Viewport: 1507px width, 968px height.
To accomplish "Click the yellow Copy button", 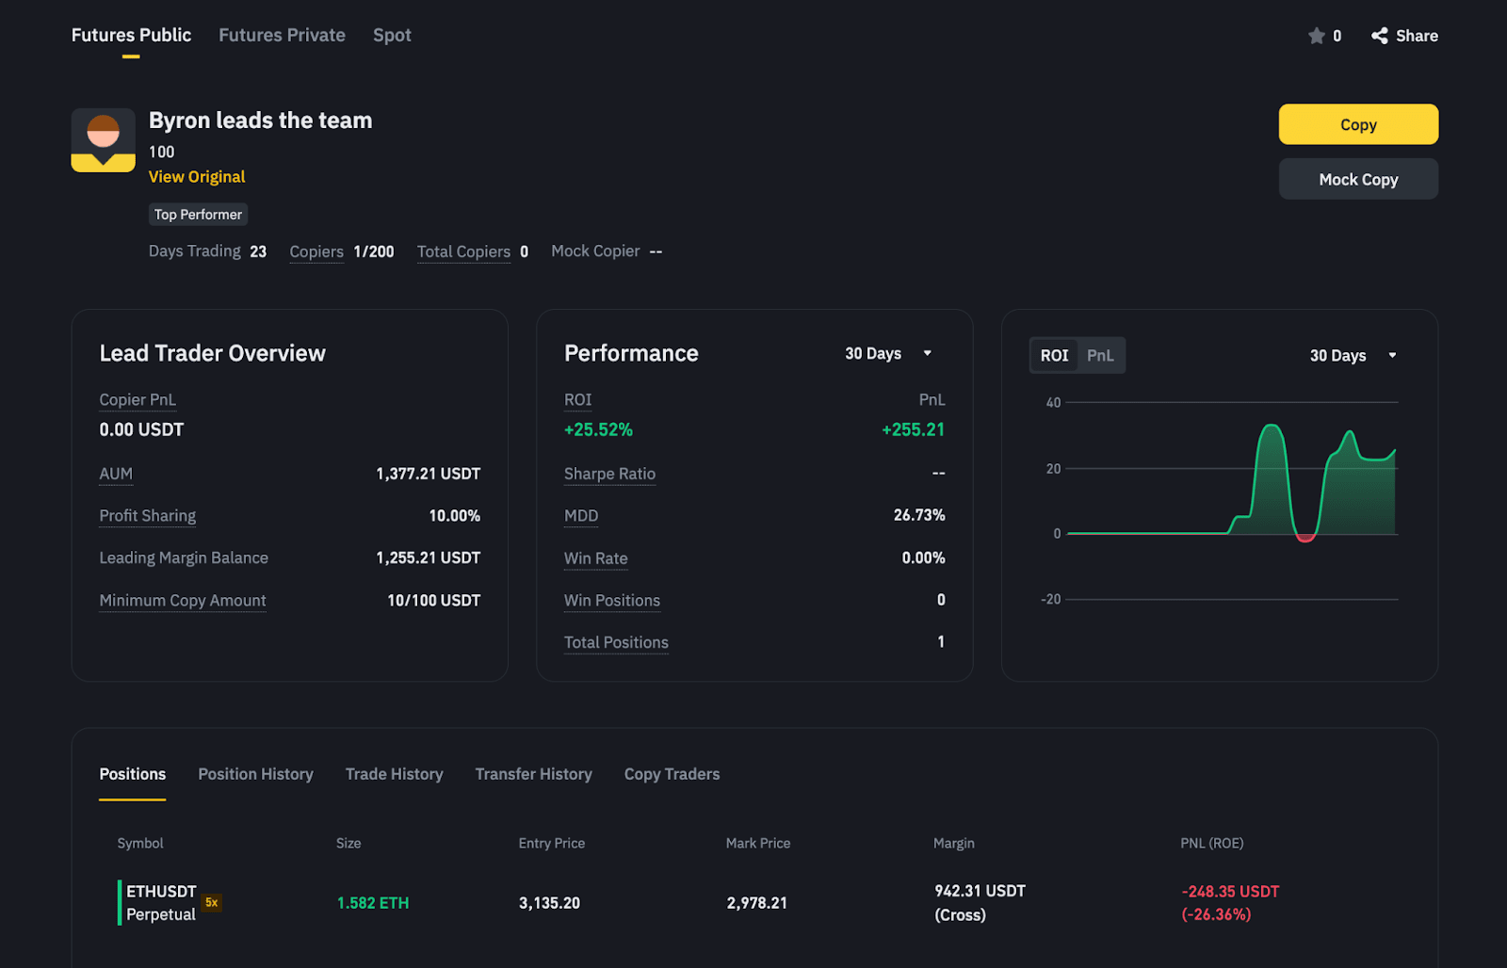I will click(1357, 124).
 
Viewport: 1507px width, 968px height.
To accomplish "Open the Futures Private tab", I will click(282, 36).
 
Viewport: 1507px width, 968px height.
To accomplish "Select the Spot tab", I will click(392, 36).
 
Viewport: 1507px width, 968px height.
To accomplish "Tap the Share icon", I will click(1380, 36).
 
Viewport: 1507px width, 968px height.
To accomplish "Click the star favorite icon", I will click(1317, 36).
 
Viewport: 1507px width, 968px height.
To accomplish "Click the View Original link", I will click(197, 177).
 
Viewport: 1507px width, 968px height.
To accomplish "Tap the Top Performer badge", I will click(198, 215).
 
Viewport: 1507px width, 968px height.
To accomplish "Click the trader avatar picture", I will click(104, 140).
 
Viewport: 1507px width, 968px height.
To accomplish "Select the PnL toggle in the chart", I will click(1100, 356).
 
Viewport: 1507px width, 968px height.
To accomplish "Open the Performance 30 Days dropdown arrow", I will click(927, 353).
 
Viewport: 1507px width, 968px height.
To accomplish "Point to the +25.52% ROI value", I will click(598, 430).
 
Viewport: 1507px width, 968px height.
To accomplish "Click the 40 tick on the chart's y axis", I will click(1053, 403).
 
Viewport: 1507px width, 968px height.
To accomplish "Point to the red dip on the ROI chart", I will click(1305, 538).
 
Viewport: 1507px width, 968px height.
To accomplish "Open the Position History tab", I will click(255, 774).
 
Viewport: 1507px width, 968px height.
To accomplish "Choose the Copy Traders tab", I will click(672, 774).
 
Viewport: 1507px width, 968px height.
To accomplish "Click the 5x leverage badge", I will click(212, 902).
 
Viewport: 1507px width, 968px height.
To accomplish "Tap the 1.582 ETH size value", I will click(373, 903).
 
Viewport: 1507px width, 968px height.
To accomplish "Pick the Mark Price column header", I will click(758, 844).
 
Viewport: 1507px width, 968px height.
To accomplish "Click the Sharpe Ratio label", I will click(609, 474).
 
